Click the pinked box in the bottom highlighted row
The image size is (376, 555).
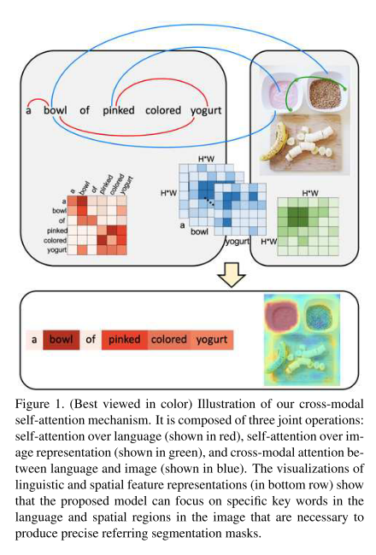point(125,340)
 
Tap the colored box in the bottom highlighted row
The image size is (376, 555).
point(168,340)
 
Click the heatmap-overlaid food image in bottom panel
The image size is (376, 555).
point(305,339)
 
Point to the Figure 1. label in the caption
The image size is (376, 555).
point(41,400)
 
